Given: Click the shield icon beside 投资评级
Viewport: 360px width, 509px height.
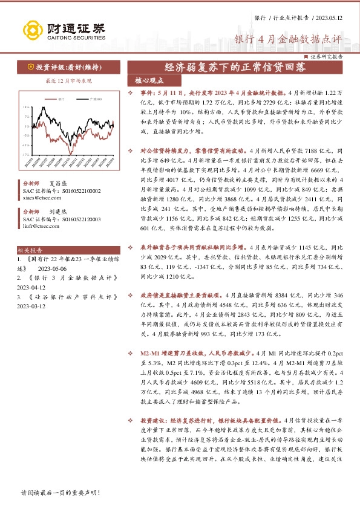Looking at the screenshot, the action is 30,67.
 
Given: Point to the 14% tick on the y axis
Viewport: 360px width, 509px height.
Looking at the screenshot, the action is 26,107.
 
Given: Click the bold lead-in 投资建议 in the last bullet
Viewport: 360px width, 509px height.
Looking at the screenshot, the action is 153,419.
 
